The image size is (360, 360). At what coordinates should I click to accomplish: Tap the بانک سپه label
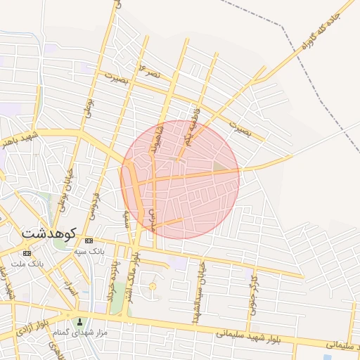click(89, 250)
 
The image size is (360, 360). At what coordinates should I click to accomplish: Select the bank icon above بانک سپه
click(89, 240)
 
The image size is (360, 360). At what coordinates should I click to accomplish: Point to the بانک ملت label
click(27, 263)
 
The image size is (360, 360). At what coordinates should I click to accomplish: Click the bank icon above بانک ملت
click(27, 253)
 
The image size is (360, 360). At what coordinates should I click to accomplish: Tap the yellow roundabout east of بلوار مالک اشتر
click(153, 286)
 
